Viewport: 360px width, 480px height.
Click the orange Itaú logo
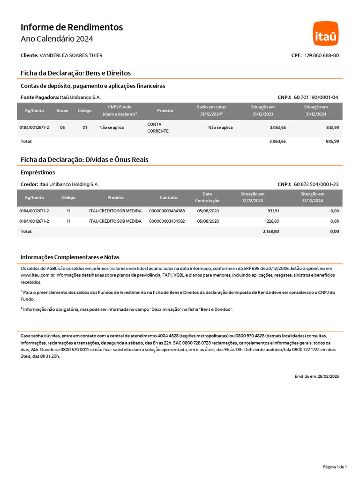(326, 33)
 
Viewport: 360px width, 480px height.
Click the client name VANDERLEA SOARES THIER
(71, 55)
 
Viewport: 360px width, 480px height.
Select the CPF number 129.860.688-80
(322, 55)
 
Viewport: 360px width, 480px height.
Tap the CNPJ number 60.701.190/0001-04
(316, 97)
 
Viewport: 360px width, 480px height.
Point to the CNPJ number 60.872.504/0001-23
(316, 185)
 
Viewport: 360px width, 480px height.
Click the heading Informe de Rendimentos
(72, 27)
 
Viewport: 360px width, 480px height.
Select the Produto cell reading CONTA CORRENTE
(155, 127)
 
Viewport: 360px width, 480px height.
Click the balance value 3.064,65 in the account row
(277, 127)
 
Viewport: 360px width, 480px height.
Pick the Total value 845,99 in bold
(332, 141)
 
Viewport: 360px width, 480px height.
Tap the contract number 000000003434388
(167, 211)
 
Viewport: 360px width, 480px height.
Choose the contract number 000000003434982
(167, 221)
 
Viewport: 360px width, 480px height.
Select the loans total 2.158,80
(271, 232)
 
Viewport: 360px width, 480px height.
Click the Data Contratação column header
(207, 197)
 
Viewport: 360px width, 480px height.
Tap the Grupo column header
(62, 111)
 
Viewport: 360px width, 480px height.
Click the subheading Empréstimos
(38, 172)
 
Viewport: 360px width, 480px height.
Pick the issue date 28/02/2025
(328, 376)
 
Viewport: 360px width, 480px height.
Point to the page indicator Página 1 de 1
(335, 467)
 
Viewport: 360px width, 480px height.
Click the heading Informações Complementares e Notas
(70, 257)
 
